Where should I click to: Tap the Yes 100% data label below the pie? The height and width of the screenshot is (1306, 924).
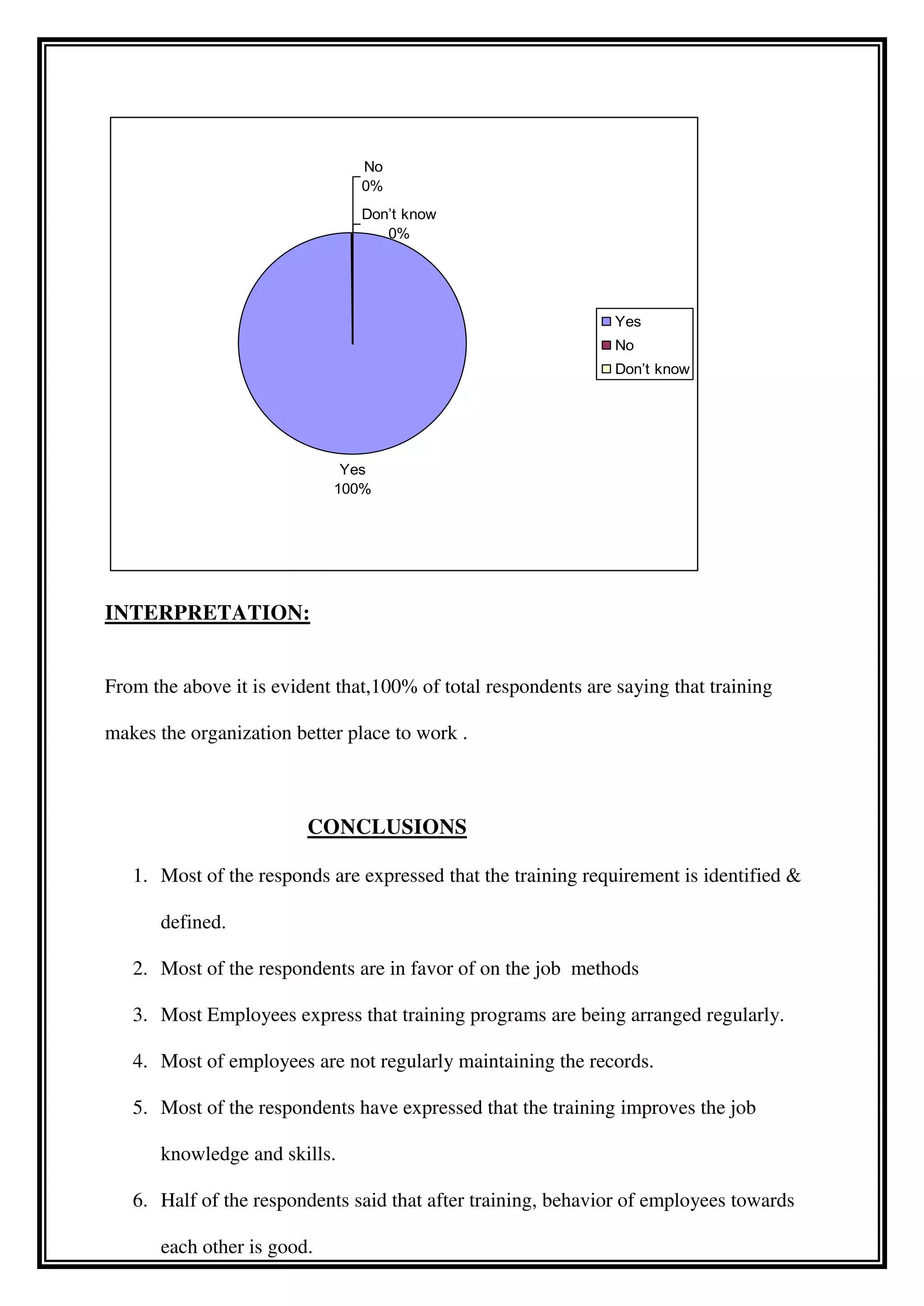click(352, 479)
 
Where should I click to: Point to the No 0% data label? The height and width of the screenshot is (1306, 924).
click(373, 176)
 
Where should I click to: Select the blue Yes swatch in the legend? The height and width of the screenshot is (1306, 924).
click(606, 321)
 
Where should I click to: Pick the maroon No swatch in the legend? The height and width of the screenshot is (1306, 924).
click(606, 345)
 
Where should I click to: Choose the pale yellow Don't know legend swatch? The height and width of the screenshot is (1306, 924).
click(606, 369)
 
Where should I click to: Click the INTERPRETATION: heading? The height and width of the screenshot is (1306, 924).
click(207, 613)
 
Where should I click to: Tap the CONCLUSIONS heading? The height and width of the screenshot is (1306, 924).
click(387, 826)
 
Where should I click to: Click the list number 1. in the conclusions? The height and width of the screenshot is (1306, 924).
click(140, 876)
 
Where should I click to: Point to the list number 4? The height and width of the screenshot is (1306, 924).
click(140, 1061)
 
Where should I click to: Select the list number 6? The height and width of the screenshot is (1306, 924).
click(140, 1200)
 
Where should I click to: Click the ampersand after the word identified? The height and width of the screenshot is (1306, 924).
click(793, 876)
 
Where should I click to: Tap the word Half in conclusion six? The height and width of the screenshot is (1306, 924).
click(179, 1200)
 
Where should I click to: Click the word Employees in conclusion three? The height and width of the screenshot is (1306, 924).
click(251, 1015)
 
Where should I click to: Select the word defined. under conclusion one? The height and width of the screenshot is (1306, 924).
click(193, 922)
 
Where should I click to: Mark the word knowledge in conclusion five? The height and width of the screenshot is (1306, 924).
click(205, 1154)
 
